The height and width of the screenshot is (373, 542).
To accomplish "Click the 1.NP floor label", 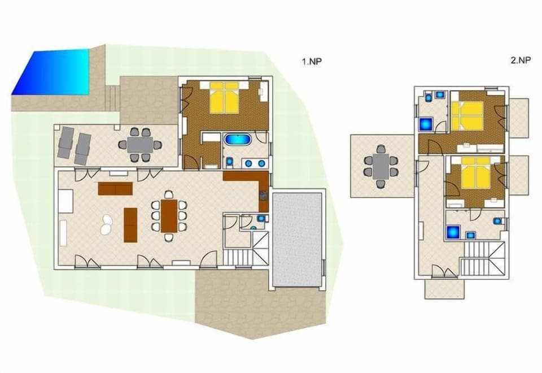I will pyautogui.click(x=311, y=62).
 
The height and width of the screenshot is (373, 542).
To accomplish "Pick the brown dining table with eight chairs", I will pyautogui.click(x=169, y=215).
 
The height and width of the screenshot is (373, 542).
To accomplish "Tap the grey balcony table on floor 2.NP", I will pyautogui.click(x=381, y=164).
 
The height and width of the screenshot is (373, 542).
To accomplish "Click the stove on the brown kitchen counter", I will pyautogui.click(x=264, y=197).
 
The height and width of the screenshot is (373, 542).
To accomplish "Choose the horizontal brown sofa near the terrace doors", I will pyautogui.click(x=115, y=188).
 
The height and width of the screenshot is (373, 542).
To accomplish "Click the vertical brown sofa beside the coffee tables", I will pyautogui.click(x=130, y=224).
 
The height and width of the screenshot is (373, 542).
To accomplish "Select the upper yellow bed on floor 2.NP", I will pyautogui.click(x=468, y=116).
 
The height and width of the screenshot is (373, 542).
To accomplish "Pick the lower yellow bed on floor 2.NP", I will pyautogui.click(x=475, y=172).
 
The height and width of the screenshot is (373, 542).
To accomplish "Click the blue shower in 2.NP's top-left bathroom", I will pyautogui.click(x=426, y=123).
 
